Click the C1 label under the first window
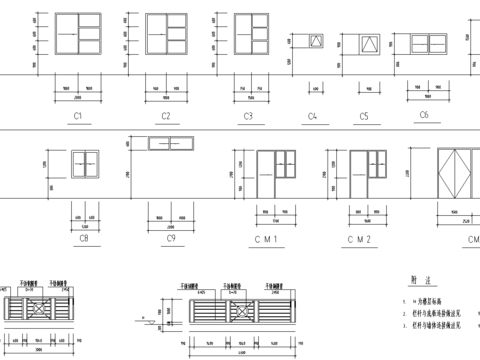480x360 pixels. (76, 117)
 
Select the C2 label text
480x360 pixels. (165, 117)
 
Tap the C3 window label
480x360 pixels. (247, 117)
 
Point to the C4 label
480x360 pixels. (312, 117)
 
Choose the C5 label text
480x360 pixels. (364, 117)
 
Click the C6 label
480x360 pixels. (424, 115)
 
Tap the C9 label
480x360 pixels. (171, 240)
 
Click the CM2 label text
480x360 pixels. (360, 240)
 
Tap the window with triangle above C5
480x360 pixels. (369, 45)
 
